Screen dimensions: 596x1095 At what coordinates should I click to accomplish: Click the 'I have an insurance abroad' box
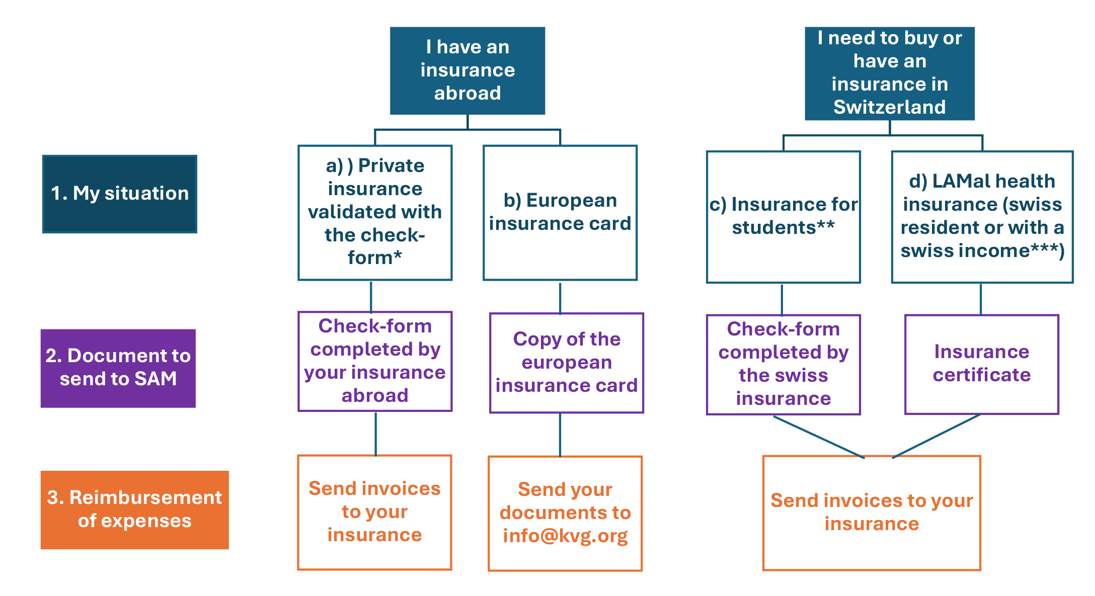pos(467,70)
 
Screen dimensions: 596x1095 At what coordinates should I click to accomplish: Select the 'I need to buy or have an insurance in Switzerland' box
pos(889,73)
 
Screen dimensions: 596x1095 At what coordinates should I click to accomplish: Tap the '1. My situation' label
pos(120,194)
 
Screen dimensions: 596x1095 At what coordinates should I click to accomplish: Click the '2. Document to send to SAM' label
pos(118,368)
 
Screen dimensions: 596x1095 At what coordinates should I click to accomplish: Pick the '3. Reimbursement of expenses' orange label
pos(134,509)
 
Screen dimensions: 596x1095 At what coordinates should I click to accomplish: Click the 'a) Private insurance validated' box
pos(375,212)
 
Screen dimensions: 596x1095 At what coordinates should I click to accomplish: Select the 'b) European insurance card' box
pos(560,212)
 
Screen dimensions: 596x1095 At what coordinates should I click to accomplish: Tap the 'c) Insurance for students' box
pos(783,216)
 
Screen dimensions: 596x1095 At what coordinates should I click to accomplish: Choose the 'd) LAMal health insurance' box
pos(982,216)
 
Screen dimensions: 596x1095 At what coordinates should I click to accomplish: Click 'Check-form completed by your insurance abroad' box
pos(375,361)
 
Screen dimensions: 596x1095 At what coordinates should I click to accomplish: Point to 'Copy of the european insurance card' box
pos(567,363)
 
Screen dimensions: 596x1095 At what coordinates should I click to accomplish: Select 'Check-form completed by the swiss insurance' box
pos(783,364)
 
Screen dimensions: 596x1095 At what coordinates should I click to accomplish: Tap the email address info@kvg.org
pos(565,536)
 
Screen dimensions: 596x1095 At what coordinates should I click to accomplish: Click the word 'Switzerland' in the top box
pos(889,107)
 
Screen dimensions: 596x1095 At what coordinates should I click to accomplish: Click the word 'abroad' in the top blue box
pos(467,94)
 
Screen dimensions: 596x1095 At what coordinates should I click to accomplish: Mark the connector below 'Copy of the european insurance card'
pos(560,435)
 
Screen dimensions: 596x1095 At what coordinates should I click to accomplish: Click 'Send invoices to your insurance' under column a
pos(374,512)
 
